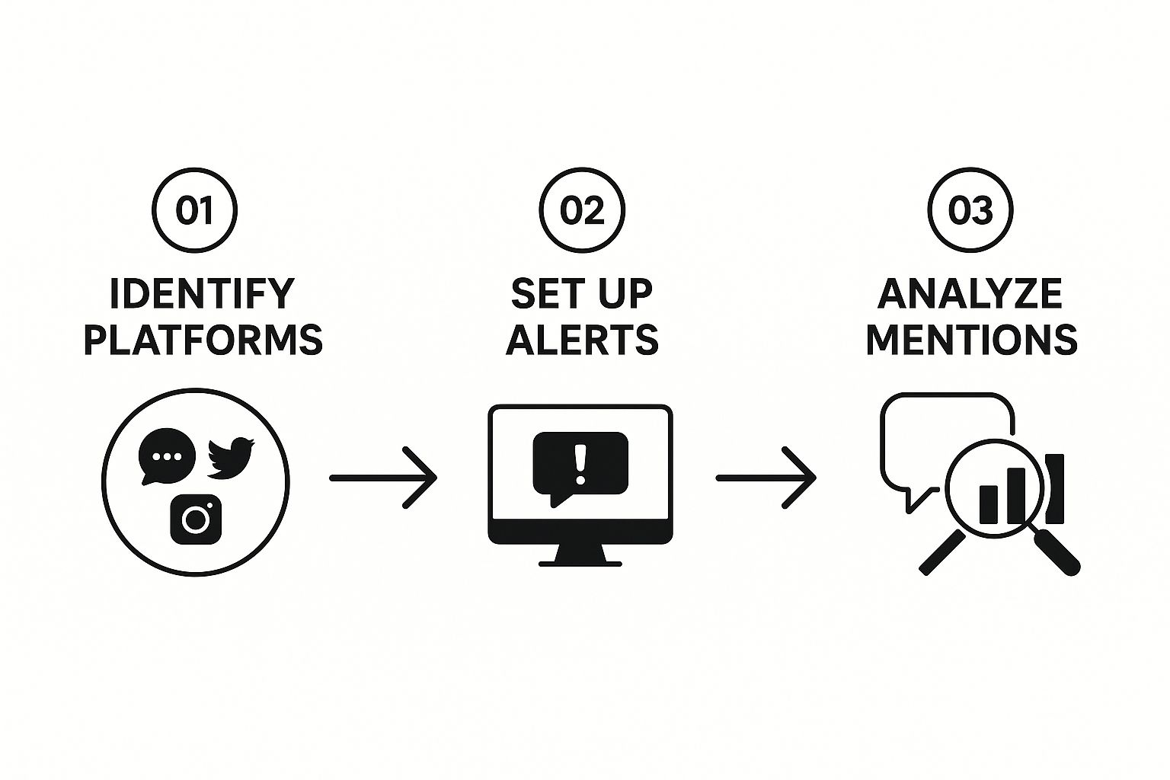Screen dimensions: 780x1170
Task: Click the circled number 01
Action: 195,210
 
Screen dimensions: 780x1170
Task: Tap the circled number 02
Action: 582,210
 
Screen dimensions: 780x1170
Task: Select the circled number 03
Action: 970,210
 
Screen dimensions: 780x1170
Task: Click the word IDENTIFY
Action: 202,294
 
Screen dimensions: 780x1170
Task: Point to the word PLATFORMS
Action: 203,340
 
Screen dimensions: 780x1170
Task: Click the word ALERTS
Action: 582,340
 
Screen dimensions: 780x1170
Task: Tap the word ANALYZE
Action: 970,294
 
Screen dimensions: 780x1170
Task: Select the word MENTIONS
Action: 971,340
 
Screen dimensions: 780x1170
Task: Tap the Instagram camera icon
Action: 196,519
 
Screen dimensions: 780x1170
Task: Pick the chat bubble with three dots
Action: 167,456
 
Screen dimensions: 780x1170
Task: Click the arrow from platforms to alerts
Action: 382,478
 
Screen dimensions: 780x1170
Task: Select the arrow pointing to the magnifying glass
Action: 765,478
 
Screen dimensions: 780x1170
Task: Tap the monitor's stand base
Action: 580,563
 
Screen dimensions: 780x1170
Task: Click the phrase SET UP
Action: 582,294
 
